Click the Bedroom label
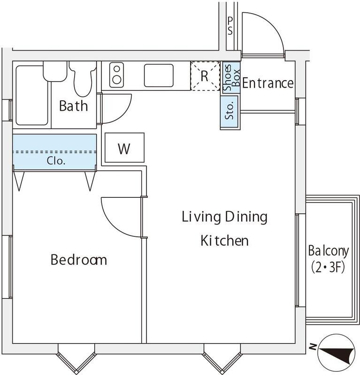click(x=78, y=259)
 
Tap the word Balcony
click(x=328, y=251)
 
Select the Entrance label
click(x=268, y=83)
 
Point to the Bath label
click(x=73, y=105)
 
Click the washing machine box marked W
click(x=124, y=148)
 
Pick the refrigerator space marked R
click(x=205, y=76)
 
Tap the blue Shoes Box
click(x=231, y=78)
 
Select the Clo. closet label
click(x=55, y=160)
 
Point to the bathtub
click(x=31, y=95)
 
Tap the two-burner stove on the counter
click(x=115, y=75)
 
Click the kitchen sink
click(x=158, y=75)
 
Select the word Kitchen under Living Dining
click(x=224, y=241)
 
